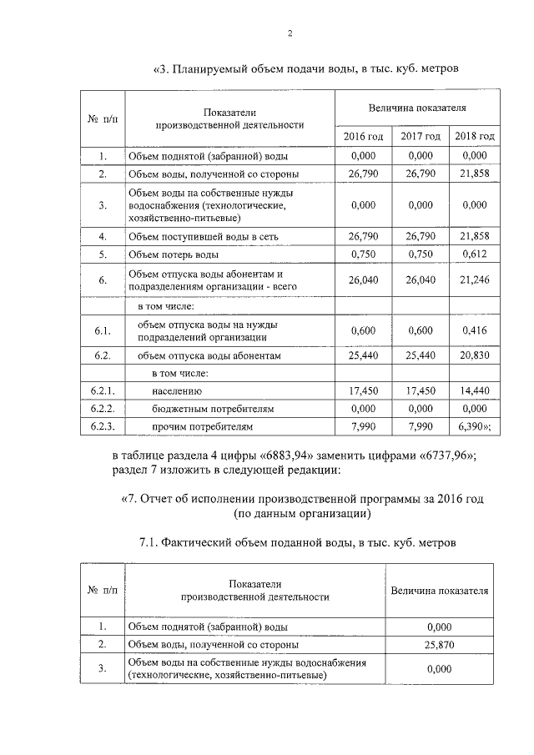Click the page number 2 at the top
(290, 33)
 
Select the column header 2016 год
(363, 136)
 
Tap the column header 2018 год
(474, 136)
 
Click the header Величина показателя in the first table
(417, 108)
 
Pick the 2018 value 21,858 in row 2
(474, 174)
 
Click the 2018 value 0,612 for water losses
(474, 254)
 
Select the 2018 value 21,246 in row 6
(474, 280)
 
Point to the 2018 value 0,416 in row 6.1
(474, 330)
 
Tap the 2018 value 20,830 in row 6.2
(474, 355)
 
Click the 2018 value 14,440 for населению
(474, 390)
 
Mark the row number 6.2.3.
(102, 426)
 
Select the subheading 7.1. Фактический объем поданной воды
(297, 543)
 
